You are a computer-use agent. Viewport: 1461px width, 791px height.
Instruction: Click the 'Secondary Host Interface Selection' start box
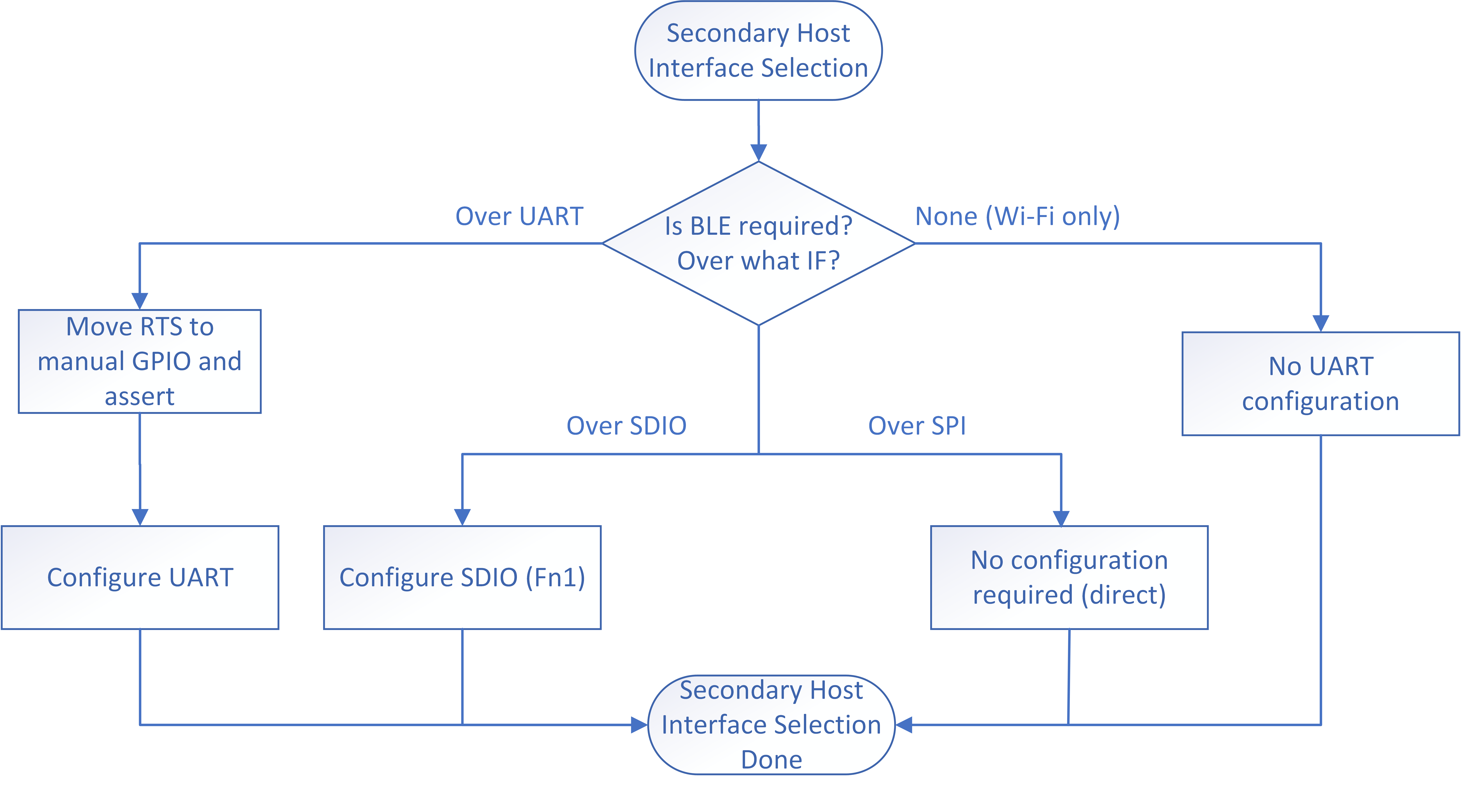coord(758,50)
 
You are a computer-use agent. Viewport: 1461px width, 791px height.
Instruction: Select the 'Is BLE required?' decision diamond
coord(758,243)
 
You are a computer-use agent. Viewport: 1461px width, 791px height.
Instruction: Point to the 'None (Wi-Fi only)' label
coord(1018,216)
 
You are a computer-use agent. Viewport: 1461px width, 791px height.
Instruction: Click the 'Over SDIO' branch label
coord(626,426)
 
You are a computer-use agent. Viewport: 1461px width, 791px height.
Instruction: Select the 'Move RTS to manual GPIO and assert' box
coord(140,361)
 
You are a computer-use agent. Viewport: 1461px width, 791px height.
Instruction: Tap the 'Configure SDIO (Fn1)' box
coord(462,577)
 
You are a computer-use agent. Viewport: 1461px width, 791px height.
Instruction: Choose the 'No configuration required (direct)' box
coord(1069,577)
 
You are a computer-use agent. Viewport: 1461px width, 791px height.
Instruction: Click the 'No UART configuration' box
coord(1320,384)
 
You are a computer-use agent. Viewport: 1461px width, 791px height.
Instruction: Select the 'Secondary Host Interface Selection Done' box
coord(771,725)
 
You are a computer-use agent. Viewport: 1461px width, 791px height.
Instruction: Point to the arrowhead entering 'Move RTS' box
coord(140,301)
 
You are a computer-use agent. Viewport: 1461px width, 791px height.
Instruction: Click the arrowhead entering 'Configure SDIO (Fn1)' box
coord(462,517)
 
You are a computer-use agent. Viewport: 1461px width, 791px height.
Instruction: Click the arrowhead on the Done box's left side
coord(639,725)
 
